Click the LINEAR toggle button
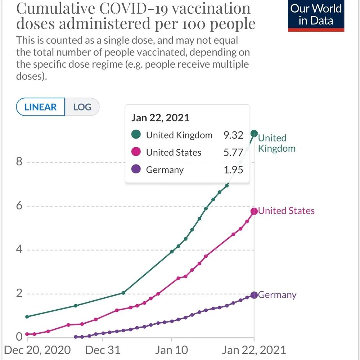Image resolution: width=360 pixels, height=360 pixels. click(x=40, y=107)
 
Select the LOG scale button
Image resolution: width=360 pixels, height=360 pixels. click(x=82, y=107)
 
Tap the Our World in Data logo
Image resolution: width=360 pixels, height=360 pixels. click(x=316, y=15)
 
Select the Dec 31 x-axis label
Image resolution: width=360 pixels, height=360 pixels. click(x=103, y=350)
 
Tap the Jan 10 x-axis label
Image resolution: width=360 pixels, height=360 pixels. click(x=172, y=350)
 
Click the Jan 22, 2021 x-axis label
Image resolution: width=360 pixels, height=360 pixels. click(x=254, y=350)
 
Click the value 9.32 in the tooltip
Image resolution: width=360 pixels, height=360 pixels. click(x=233, y=135)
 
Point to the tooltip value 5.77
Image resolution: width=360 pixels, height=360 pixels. click(x=233, y=153)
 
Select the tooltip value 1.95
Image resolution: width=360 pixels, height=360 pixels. click(x=233, y=170)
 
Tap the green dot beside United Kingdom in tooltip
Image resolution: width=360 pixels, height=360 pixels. click(x=136, y=135)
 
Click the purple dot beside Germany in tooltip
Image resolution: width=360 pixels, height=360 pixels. click(x=136, y=170)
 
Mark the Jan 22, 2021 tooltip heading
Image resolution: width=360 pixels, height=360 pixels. click(x=160, y=118)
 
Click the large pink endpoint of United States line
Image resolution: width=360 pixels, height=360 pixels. click(x=254, y=211)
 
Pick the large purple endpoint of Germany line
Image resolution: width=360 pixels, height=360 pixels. click(x=254, y=295)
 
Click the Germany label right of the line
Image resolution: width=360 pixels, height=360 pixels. click(x=277, y=295)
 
